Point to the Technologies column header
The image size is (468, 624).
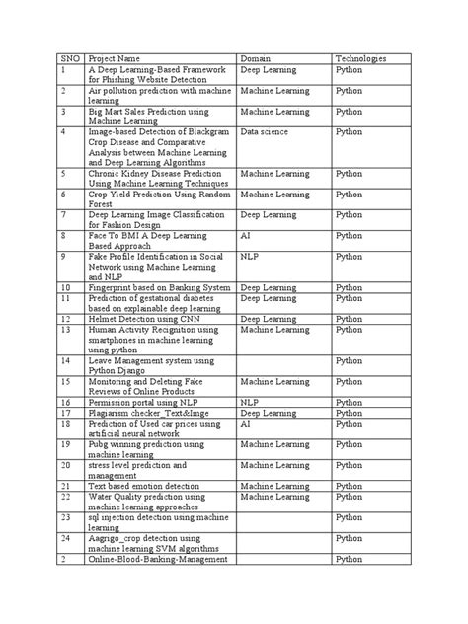[x=361, y=58]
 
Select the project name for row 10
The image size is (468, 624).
[x=159, y=287]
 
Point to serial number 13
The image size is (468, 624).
[x=66, y=330]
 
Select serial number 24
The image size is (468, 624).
[x=66, y=538]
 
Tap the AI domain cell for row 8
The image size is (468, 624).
[x=246, y=236]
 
